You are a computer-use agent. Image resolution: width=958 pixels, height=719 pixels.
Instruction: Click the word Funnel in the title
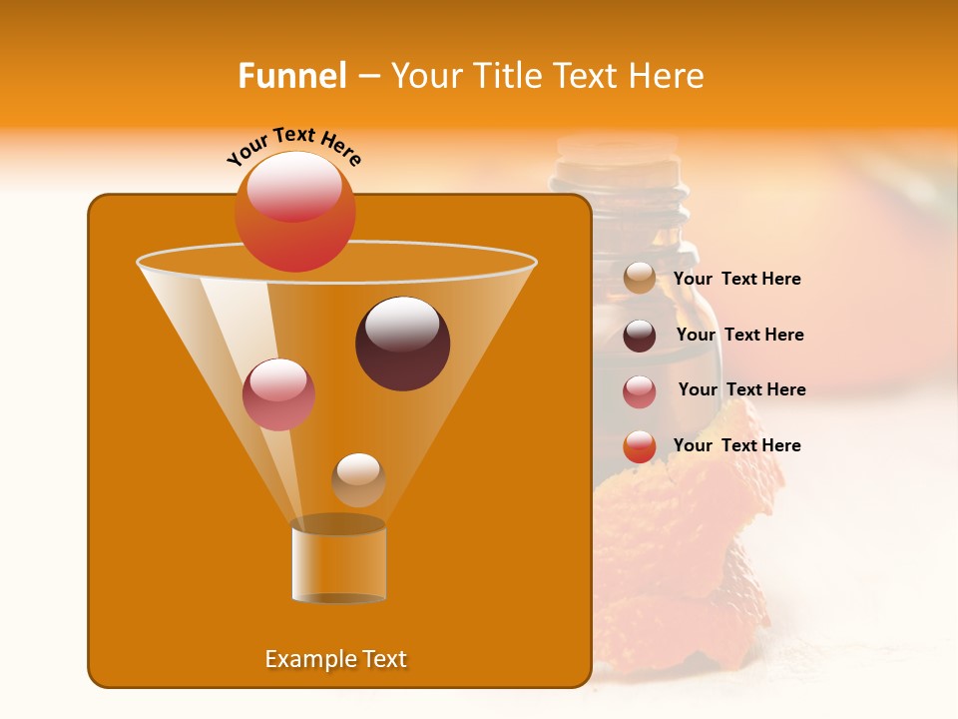click(291, 76)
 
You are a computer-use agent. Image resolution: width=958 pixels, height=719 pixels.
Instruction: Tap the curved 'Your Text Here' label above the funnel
click(294, 146)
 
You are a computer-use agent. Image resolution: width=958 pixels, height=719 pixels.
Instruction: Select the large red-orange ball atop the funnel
click(294, 211)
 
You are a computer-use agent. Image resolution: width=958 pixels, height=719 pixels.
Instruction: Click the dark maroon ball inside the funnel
click(403, 343)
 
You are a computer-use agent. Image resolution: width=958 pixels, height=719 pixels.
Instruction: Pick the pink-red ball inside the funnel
click(278, 394)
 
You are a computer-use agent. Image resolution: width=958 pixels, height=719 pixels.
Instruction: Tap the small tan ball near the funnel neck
click(358, 479)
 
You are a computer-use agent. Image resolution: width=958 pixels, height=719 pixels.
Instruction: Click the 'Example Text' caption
click(335, 659)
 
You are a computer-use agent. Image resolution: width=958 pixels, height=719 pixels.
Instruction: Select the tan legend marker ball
click(640, 279)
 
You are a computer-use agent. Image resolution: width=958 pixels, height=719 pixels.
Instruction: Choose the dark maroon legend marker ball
click(640, 336)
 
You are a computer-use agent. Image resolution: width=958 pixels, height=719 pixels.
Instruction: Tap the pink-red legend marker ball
click(640, 390)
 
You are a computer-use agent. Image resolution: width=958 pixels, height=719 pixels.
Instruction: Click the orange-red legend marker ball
click(640, 446)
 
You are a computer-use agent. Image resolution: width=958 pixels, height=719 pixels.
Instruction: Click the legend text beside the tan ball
click(736, 280)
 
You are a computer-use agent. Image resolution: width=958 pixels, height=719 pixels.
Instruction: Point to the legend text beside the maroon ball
click(739, 335)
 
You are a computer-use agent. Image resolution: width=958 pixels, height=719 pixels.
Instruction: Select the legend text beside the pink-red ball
click(741, 389)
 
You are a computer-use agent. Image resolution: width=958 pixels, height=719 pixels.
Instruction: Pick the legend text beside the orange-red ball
click(736, 445)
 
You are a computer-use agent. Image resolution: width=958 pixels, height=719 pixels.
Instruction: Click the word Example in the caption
click(300, 659)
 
